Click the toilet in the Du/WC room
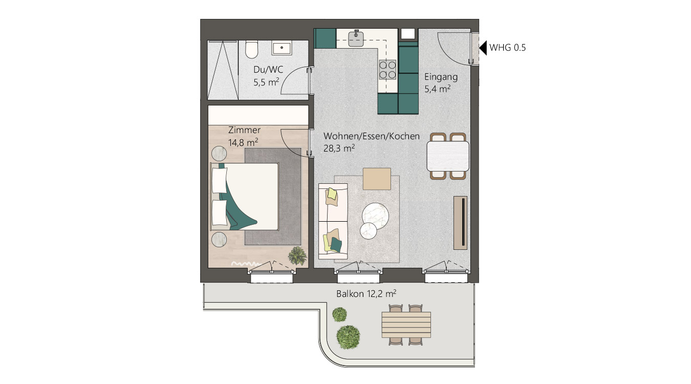(x=251, y=50)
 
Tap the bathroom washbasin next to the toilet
(x=282, y=49)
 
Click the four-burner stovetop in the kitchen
(x=387, y=70)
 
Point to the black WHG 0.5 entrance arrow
(x=483, y=48)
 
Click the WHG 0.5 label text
(x=508, y=48)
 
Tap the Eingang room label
(x=441, y=77)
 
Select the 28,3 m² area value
(x=339, y=148)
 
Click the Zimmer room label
(x=245, y=130)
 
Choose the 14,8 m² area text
(x=243, y=142)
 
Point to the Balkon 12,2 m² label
(x=366, y=294)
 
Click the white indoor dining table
(x=448, y=156)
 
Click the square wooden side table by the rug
(x=377, y=179)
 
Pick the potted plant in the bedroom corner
(x=297, y=254)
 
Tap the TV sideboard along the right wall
(x=460, y=223)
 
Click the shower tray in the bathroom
(x=223, y=70)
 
